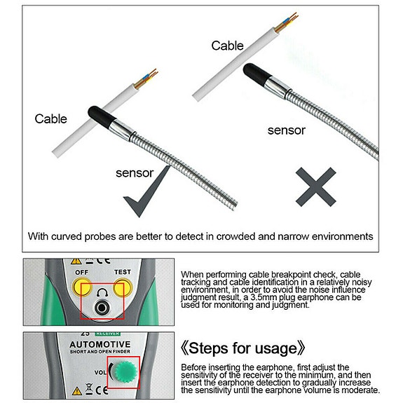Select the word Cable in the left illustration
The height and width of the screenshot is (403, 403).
click(51, 119)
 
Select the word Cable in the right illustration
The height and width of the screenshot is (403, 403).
click(228, 46)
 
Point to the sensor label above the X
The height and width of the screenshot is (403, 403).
click(287, 130)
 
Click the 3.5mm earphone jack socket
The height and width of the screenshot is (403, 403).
click(103, 308)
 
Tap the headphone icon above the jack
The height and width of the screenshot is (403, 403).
click(103, 291)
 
